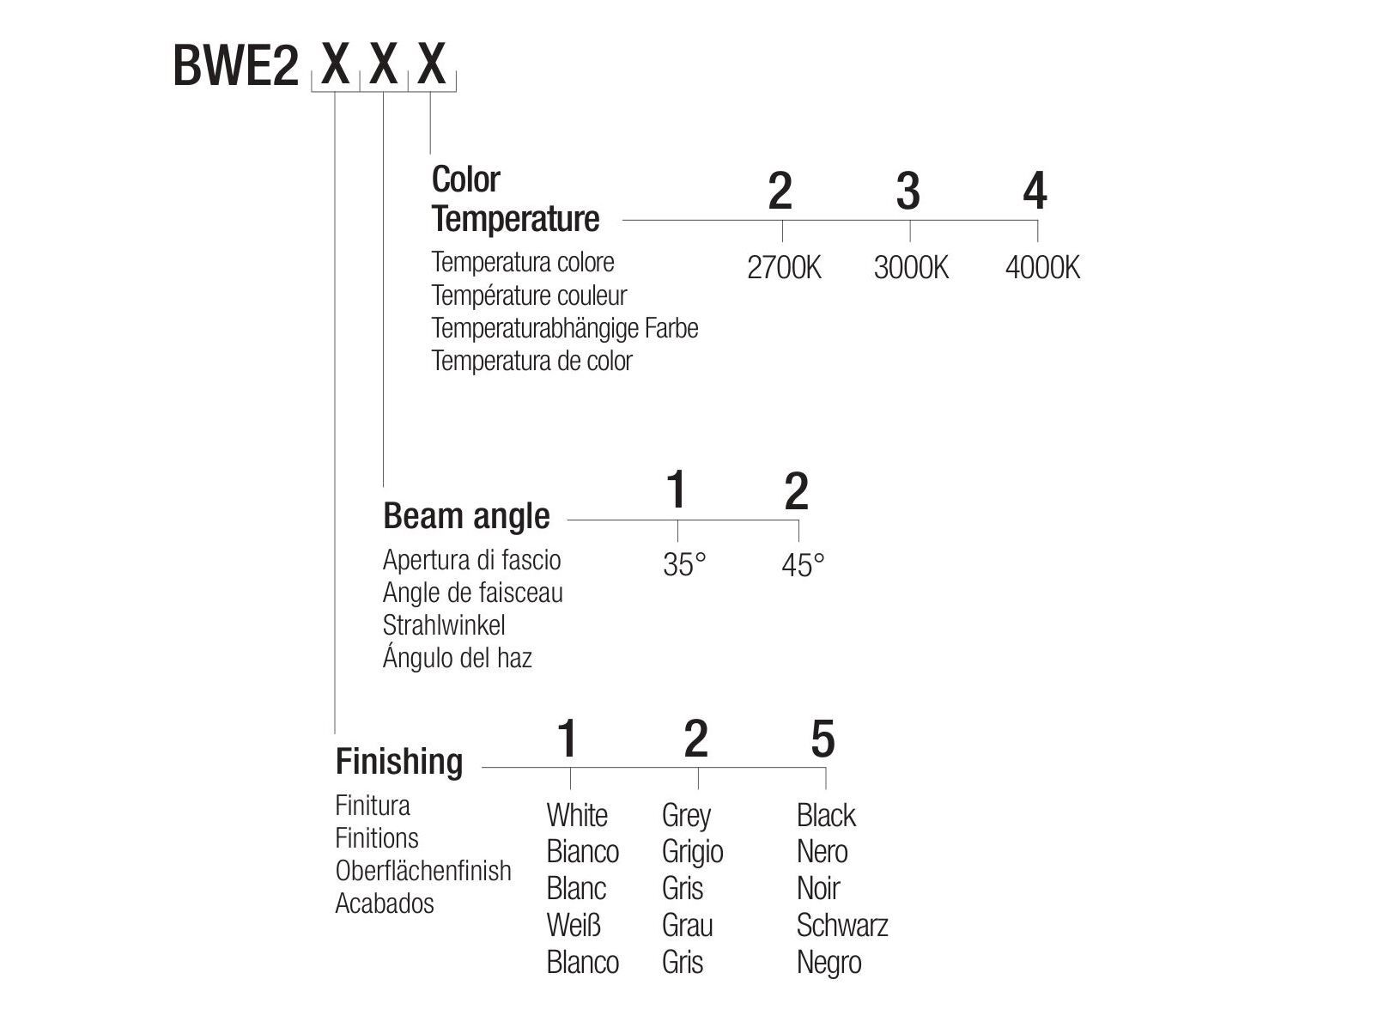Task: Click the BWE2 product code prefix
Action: pos(235,66)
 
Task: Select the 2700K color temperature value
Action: pos(784,268)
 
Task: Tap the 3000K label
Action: pos(911,268)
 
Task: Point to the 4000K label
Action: pos(1042,268)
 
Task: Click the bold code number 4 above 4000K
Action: pos(1035,191)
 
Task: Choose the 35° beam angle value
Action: pos(684,565)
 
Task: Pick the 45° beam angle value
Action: pos(803,565)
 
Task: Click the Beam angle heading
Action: pos(466,516)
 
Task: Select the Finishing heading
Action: pos(399,762)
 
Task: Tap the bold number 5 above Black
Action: pos(823,739)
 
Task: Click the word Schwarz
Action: pos(841,926)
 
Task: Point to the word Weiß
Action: pos(574,926)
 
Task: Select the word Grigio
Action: pos(692,852)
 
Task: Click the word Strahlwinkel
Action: pos(444,625)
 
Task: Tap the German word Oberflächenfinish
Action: pos(423,871)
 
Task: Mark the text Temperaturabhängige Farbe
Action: pos(565,328)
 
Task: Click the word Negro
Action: pos(829,963)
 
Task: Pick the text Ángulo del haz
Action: pos(458,658)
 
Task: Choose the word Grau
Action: pos(687,926)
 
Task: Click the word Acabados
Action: pos(385,903)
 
